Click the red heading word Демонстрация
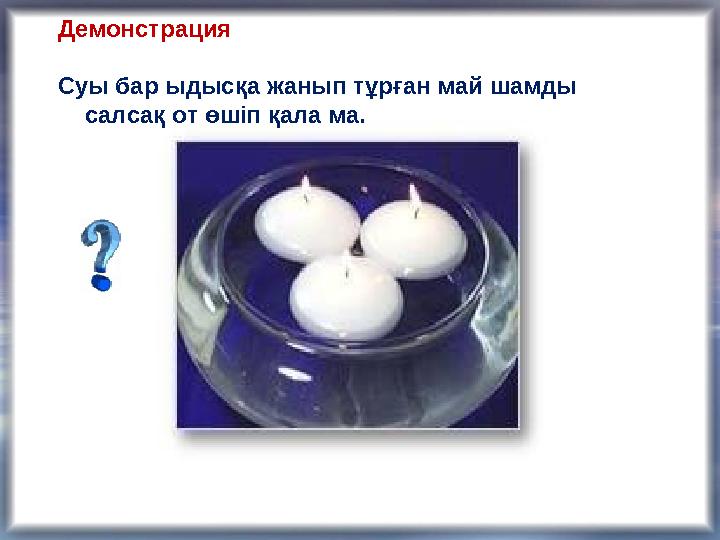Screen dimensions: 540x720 (144, 30)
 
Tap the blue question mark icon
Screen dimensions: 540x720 (101, 256)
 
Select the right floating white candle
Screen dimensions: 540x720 (413, 240)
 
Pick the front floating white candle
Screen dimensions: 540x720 (346, 292)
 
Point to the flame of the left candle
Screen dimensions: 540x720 (305, 184)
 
